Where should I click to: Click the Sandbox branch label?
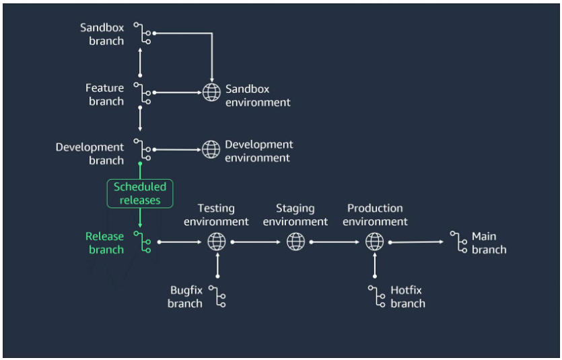pos(102,34)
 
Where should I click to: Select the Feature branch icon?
pos(142,94)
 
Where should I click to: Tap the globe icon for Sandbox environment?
pos(211,93)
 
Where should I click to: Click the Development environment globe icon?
pos(211,149)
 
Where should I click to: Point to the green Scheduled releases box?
pos(140,193)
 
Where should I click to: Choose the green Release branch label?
pos(105,243)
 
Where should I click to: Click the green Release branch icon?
pos(142,242)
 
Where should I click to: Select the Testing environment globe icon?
pos(217,241)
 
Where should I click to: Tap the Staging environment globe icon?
pos(295,241)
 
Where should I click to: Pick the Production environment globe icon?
pos(375,241)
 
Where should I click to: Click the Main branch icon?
pos(460,242)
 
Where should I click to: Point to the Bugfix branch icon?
pos(217,297)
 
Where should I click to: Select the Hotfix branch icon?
pos(375,297)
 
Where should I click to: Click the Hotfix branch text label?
pos(407,297)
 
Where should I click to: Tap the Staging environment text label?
pos(295,215)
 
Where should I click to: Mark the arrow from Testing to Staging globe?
pos(256,241)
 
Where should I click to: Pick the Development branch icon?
pos(142,150)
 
